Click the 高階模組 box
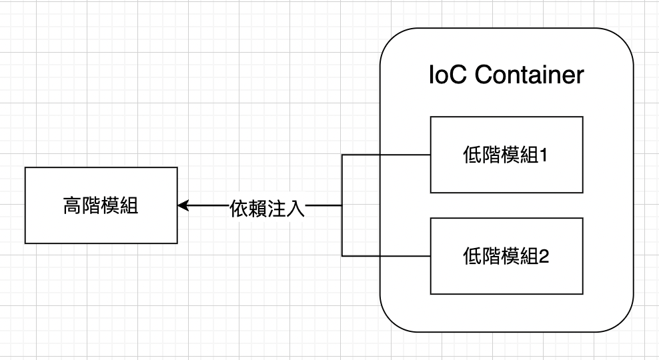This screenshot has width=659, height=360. (101, 205)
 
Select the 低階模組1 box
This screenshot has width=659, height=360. (506, 155)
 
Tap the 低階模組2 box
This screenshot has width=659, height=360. (506, 256)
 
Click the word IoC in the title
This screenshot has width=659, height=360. (448, 75)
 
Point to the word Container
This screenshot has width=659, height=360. (530, 75)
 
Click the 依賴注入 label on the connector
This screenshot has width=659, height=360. (267, 208)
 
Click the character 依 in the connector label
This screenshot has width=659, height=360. (238, 208)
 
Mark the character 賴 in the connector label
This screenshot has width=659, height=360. (257, 208)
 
